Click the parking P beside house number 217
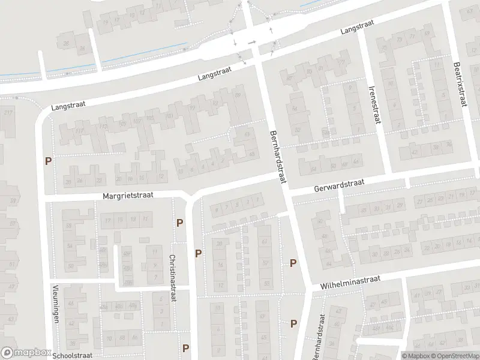point(48,161)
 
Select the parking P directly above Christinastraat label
point(180,223)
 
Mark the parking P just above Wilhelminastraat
point(293,263)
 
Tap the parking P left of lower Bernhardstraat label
point(293,323)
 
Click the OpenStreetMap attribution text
point(450,355)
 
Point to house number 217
point(8,113)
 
